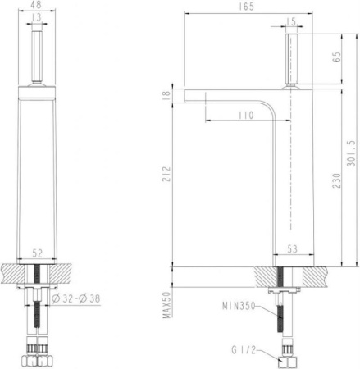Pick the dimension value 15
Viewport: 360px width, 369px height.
click(292, 22)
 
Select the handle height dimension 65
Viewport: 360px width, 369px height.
click(337, 58)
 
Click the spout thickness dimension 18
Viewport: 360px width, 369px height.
click(167, 96)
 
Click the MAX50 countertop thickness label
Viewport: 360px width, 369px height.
click(168, 305)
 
